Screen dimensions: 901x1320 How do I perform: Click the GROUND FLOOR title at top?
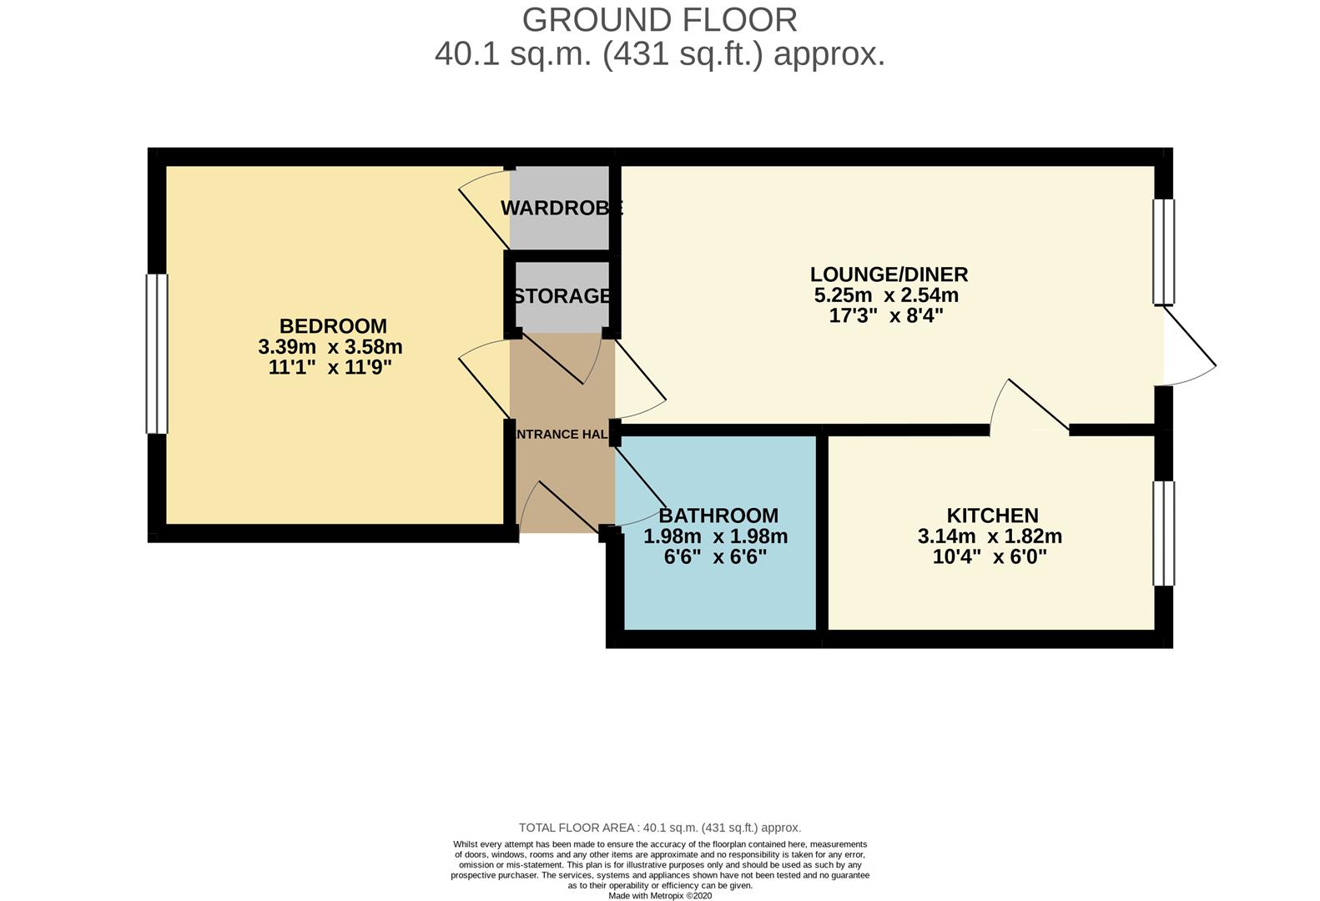[659, 19]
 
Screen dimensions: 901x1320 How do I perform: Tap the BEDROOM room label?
[333, 326]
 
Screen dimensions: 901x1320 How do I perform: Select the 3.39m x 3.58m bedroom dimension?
[330, 346]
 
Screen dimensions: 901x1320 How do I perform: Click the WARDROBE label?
[562, 209]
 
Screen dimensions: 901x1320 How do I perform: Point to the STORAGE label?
[562, 296]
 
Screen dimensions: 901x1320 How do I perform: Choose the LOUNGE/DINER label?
[889, 274]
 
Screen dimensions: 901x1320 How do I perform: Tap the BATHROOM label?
[718, 516]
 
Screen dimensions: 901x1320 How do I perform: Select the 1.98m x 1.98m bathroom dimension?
[715, 536]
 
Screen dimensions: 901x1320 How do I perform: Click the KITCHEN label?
[992, 516]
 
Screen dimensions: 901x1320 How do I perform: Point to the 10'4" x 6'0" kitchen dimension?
[989, 556]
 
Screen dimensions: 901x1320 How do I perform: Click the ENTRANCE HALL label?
[562, 435]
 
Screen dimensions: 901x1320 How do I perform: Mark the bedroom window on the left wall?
[157, 354]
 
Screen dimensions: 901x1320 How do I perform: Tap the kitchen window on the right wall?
[1164, 533]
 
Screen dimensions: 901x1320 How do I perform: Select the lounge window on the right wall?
[1164, 251]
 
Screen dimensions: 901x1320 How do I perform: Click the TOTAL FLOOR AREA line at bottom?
[659, 828]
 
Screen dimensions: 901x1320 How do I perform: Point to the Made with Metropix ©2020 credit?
[659, 895]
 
